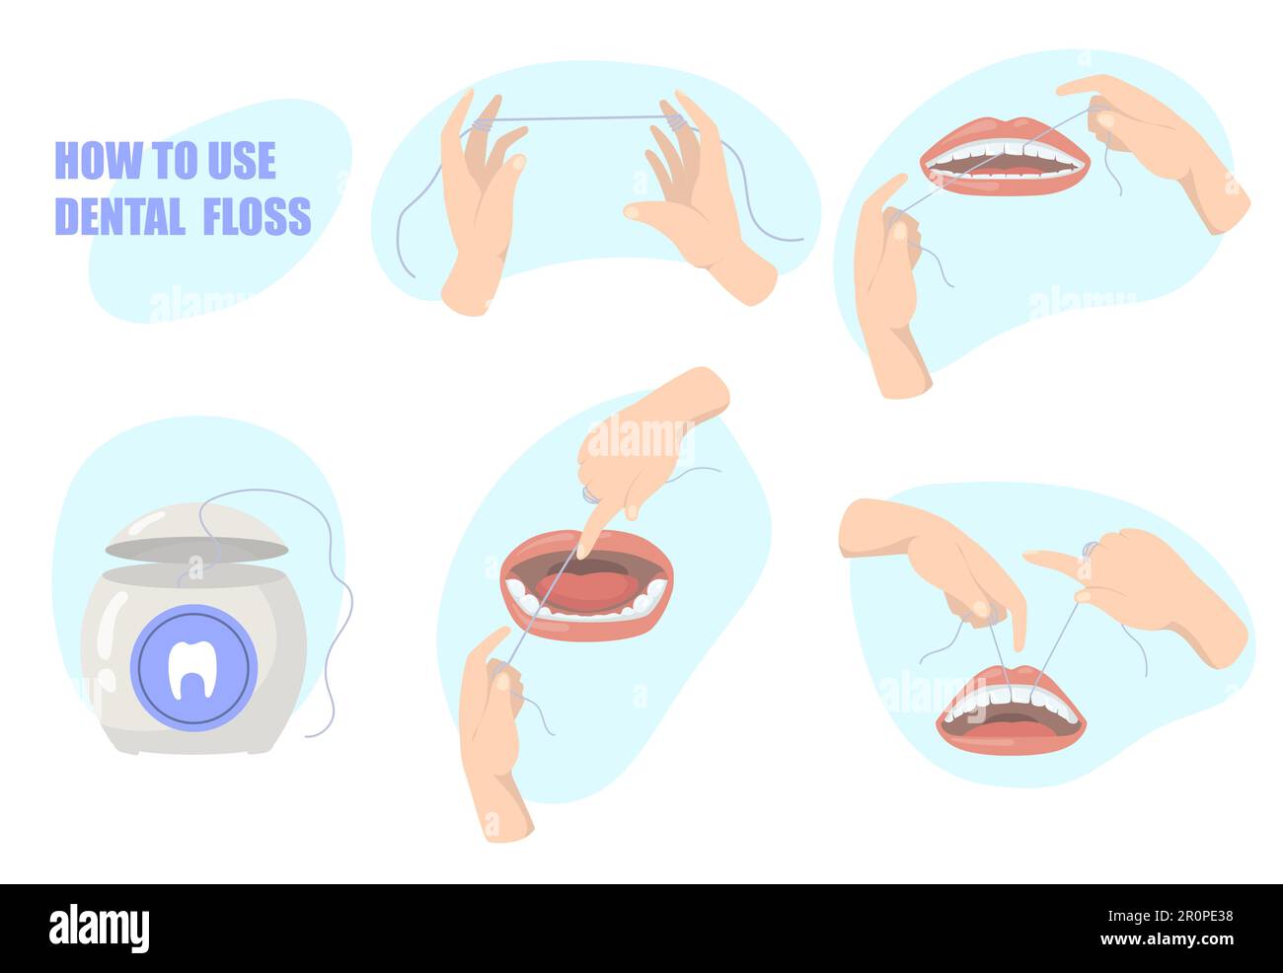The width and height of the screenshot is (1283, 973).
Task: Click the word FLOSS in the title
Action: pyautogui.click(x=257, y=215)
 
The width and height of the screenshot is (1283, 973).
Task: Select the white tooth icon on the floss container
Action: pyautogui.click(x=193, y=667)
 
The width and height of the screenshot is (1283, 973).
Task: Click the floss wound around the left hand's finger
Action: pyautogui.click(x=481, y=125)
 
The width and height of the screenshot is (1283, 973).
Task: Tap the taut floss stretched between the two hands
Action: pyautogui.click(x=572, y=118)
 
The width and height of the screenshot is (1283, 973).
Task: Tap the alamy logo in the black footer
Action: pyautogui.click(x=99, y=928)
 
